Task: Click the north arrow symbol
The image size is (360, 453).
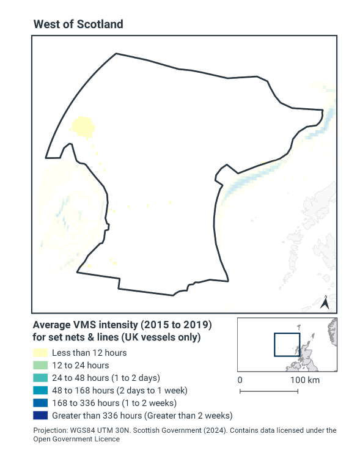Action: (326, 302)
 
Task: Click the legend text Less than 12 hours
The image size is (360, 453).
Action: (89, 353)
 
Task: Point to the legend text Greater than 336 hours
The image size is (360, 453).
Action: (142, 416)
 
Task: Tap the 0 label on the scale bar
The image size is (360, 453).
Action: (240, 380)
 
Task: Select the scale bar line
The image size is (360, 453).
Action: (269, 390)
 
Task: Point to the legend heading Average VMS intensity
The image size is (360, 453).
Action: (122, 324)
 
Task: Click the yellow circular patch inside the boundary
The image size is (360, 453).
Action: (83, 128)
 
